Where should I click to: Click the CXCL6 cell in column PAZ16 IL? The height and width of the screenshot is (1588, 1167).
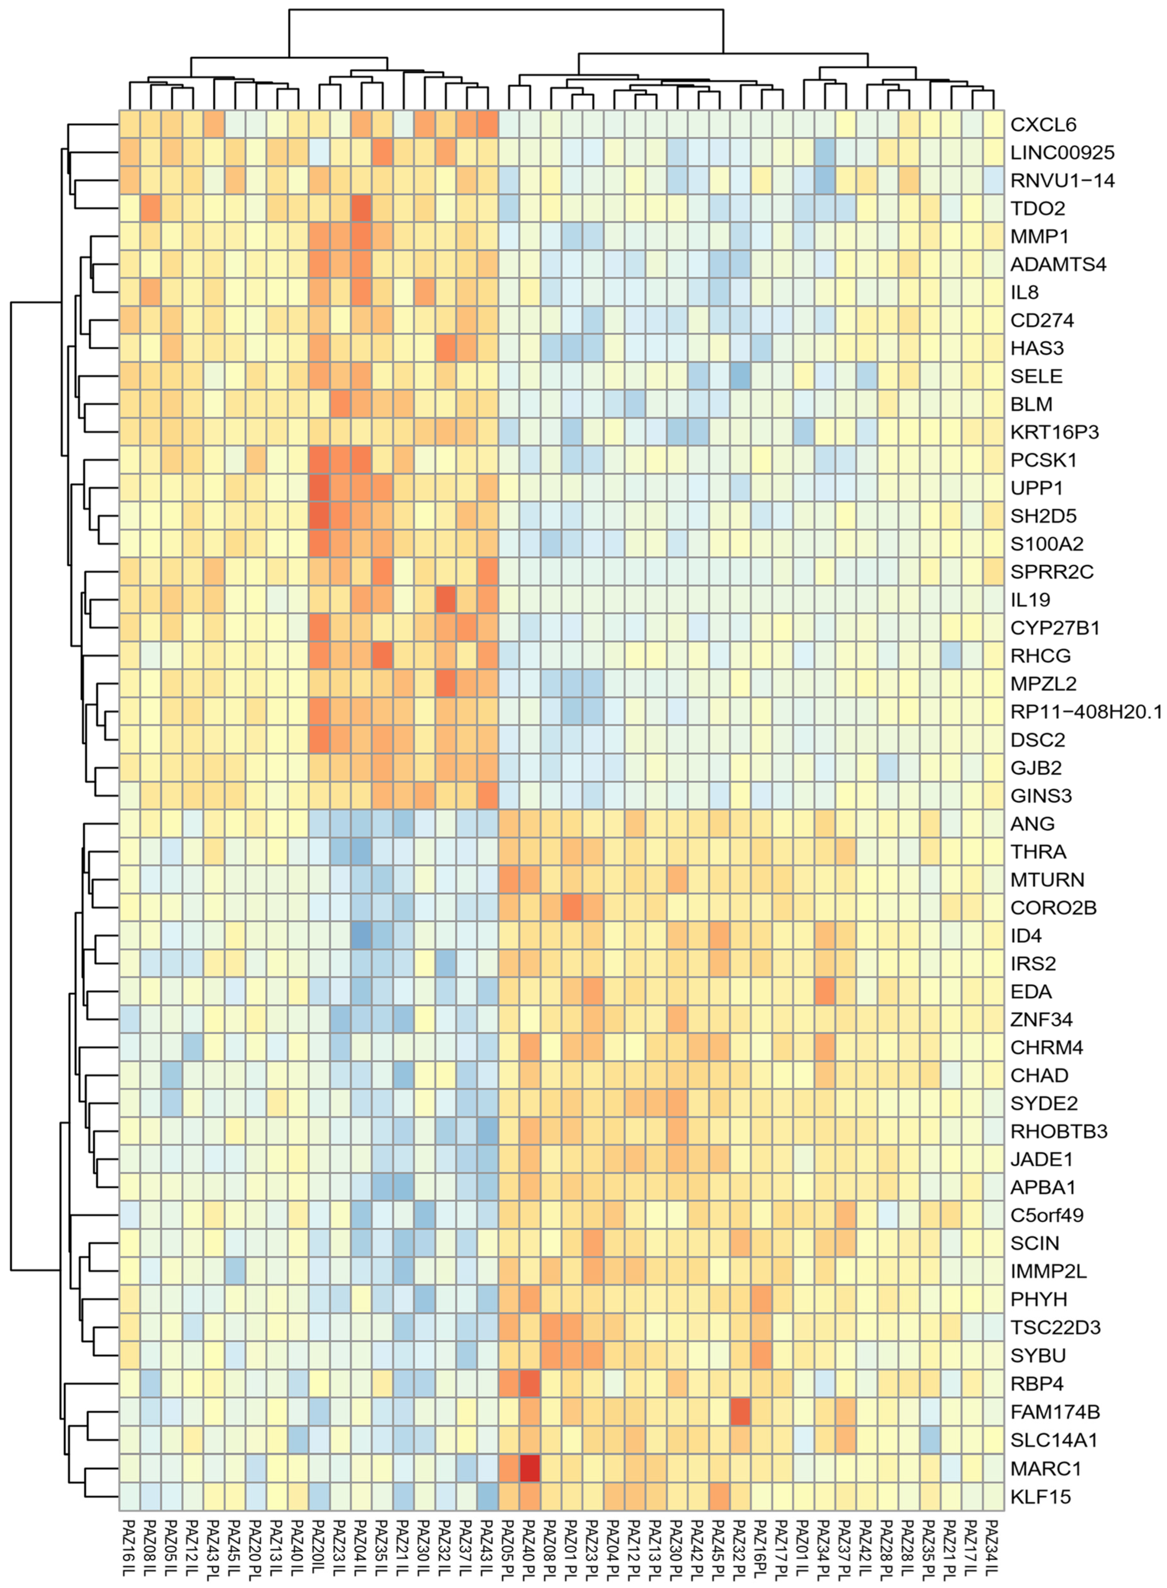(129, 124)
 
